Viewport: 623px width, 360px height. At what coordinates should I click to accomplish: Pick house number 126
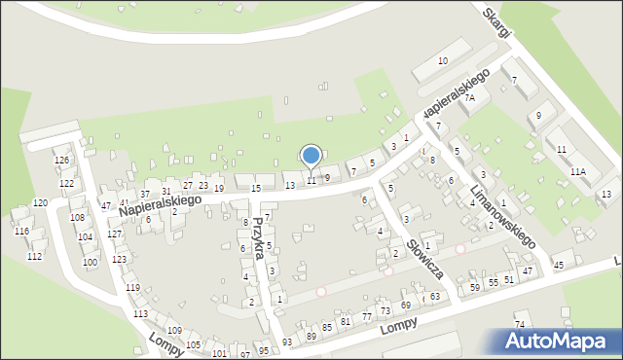pyautogui.click(x=61, y=160)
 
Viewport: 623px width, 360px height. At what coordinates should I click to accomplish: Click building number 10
pyautogui.click(x=442, y=61)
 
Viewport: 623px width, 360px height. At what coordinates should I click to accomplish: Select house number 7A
pyautogui.click(x=469, y=98)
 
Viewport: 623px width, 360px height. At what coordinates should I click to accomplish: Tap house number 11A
pyautogui.click(x=578, y=171)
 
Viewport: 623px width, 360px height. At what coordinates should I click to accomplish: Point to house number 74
pyautogui.click(x=520, y=324)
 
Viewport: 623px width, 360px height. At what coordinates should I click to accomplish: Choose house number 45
pyautogui.click(x=559, y=265)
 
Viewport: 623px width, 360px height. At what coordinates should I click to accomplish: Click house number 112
pyautogui.click(x=34, y=256)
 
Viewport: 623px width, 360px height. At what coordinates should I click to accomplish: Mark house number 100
pyautogui.click(x=90, y=262)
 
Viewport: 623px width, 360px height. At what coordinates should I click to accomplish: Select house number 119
pyautogui.click(x=132, y=287)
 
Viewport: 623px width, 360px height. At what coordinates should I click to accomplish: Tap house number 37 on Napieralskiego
pyautogui.click(x=145, y=195)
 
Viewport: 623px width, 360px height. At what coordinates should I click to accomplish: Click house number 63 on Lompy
pyautogui.click(x=435, y=296)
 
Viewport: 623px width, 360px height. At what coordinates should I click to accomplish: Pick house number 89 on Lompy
pyautogui.click(x=311, y=336)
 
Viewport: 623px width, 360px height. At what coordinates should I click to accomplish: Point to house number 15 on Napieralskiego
pyautogui.click(x=256, y=188)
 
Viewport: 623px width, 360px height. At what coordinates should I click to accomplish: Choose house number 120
pyautogui.click(x=40, y=202)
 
